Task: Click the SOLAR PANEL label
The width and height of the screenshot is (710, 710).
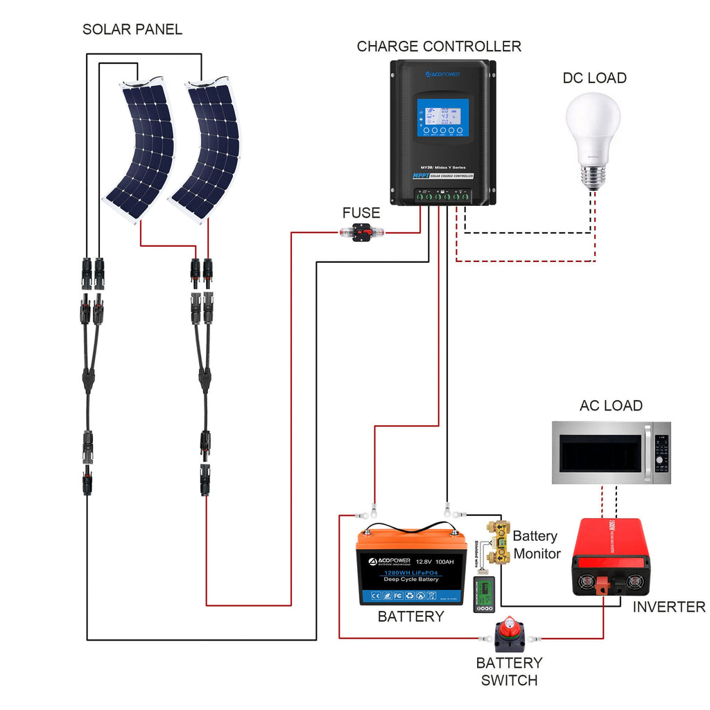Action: pyautogui.click(x=132, y=30)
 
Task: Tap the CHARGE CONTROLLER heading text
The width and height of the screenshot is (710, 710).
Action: pyautogui.click(x=438, y=46)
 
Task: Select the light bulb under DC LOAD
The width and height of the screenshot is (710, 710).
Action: pyautogui.click(x=592, y=136)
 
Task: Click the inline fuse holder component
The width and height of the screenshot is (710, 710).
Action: pyautogui.click(x=363, y=234)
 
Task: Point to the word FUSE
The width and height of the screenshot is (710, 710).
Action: pyautogui.click(x=361, y=212)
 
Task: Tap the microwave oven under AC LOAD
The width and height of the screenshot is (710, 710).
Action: pyautogui.click(x=611, y=453)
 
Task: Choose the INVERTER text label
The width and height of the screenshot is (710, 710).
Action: pyautogui.click(x=668, y=607)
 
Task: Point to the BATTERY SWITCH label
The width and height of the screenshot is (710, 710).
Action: pyautogui.click(x=510, y=671)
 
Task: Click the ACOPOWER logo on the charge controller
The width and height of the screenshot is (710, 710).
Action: pyautogui.click(x=442, y=72)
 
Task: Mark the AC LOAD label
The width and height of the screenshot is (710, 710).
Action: pyautogui.click(x=611, y=406)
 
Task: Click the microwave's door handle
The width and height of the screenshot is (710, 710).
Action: pyautogui.click(x=648, y=453)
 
